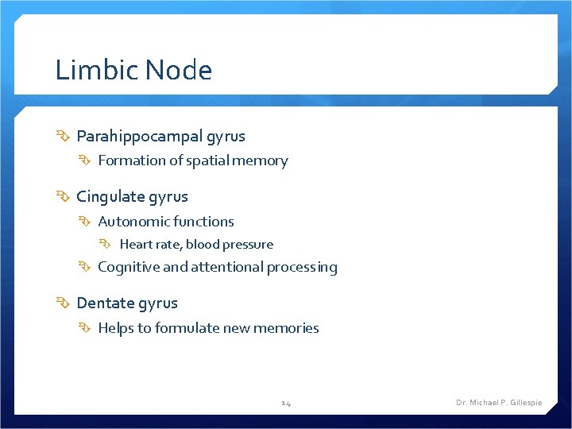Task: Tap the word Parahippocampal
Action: pyautogui.click(x=139, y=137)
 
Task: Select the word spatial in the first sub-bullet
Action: pyautogui.click(x=208, y=161)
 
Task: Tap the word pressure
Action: pyautogui.click(x=249, y=245)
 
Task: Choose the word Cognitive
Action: pyautogui.click(x=129, y=268)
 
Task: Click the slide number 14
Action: pyautogui.click(x=286, y=403)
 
